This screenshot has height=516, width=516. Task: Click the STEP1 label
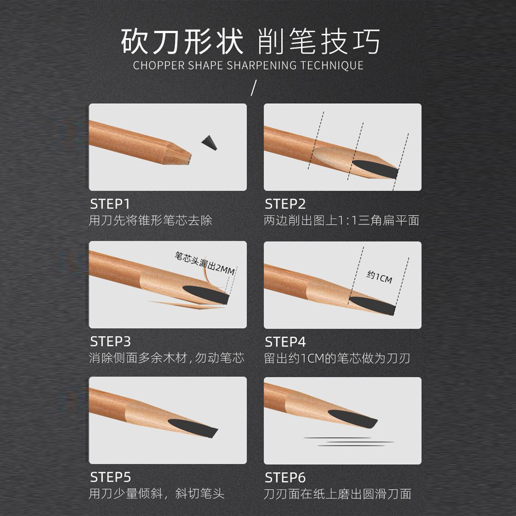click(110, 203)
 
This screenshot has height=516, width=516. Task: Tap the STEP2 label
click(285, 203)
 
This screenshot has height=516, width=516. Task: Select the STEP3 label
click(110, 342)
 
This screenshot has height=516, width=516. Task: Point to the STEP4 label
click(285, 342)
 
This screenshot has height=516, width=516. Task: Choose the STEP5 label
click(110, 477)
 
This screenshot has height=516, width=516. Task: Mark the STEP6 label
click(285, 477)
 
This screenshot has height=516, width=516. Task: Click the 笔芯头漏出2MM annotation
click(204, 264)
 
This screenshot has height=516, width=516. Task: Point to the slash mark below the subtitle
click(253, 88)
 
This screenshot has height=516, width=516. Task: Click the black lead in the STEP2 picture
click(376, 168)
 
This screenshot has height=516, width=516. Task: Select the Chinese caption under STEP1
click(151, 221)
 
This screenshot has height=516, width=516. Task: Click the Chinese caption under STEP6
click(337, 494)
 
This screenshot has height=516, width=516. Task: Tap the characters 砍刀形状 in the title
click(182, 42)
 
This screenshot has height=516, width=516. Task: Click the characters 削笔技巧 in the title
click(318, 42)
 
